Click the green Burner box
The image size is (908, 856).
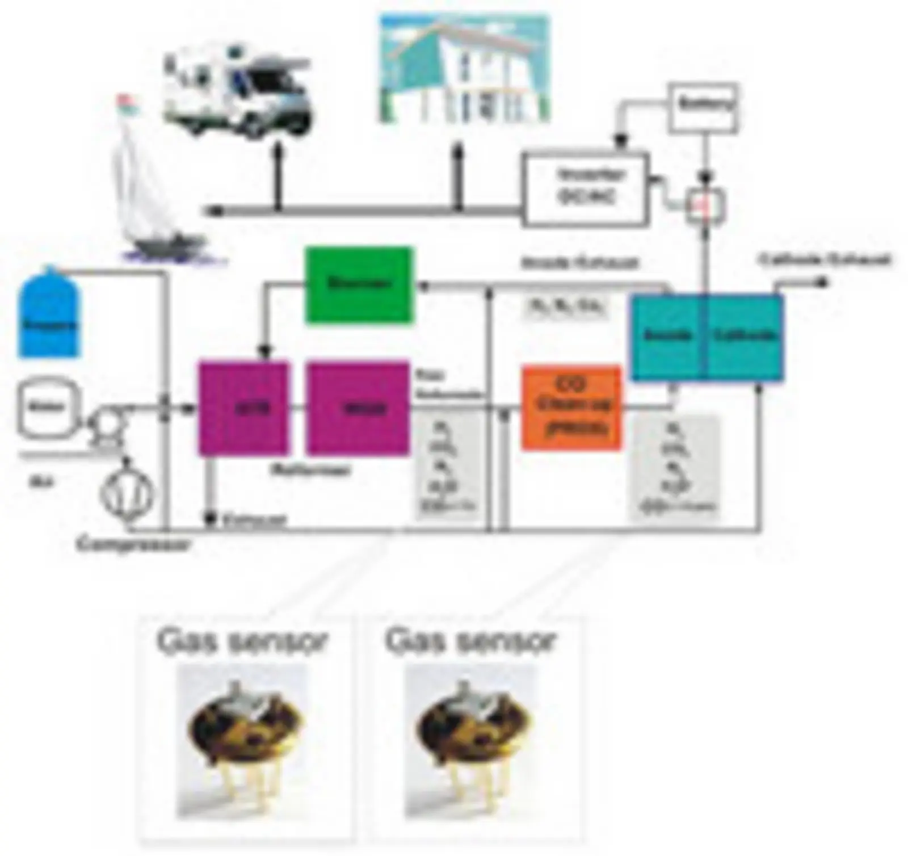359,284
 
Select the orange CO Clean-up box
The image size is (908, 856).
571,408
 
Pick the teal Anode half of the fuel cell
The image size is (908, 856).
667,336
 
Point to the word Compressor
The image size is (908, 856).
134,545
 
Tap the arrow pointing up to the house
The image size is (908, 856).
459,170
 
